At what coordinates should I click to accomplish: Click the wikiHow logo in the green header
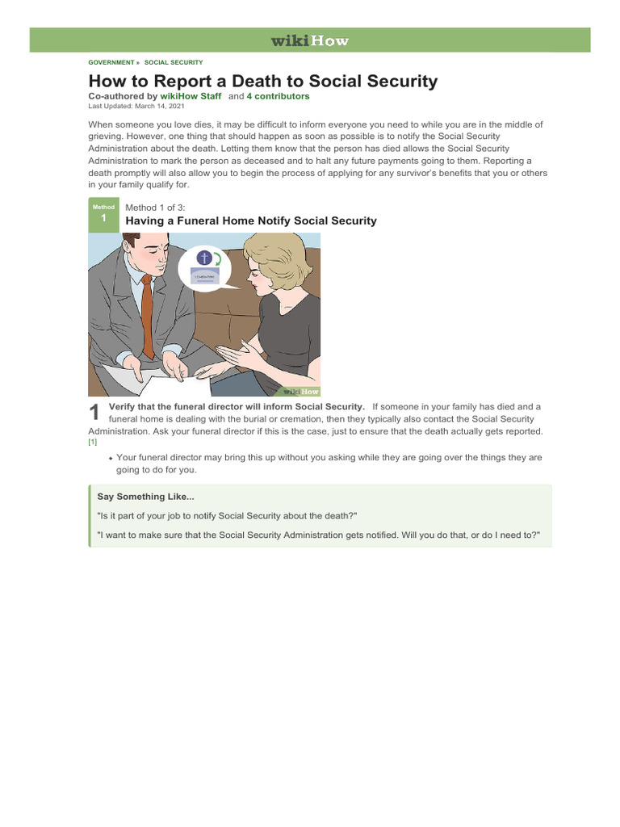[309, 40]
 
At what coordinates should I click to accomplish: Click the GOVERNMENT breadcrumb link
[111, 62]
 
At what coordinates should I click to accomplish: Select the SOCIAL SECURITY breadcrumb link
[174, 62]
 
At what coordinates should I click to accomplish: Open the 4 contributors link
[278, 96]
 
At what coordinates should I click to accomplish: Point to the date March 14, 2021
[159, 106]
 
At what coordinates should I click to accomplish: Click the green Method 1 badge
[103, 215]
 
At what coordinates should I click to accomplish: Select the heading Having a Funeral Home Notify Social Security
[251, 220]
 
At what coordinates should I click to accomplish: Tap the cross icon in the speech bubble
[203, 258]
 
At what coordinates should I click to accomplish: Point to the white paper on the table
[145, 373]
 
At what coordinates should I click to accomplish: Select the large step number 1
[95, 413]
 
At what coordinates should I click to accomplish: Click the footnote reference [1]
[92, 443]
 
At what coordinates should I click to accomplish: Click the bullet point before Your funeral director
[111, 459]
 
